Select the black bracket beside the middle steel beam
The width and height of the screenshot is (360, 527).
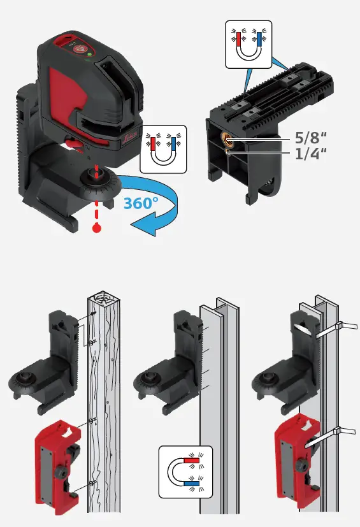click(166, 364)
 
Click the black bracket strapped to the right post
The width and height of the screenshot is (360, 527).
click(287, 364)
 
